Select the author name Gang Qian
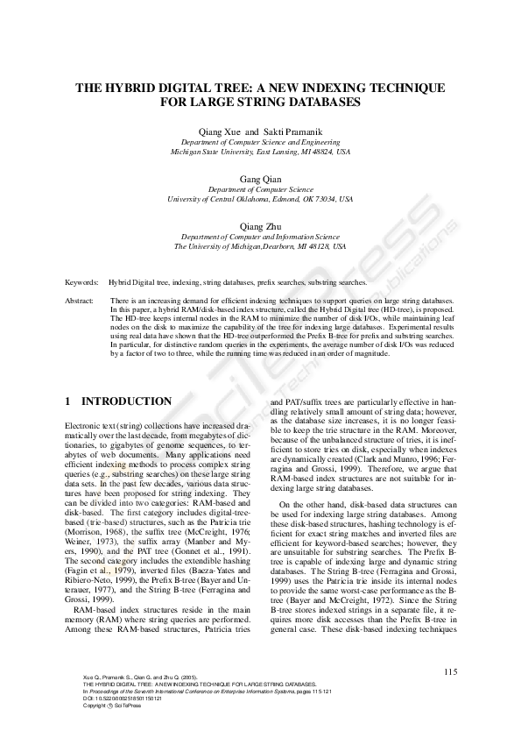[260, 178]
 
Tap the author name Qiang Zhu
[260, 226]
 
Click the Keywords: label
[81, 284]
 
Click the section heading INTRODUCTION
[126, 401]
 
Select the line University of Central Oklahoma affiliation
[260, 199]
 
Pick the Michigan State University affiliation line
[260, 151]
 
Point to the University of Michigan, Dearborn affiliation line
[260, 247]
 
